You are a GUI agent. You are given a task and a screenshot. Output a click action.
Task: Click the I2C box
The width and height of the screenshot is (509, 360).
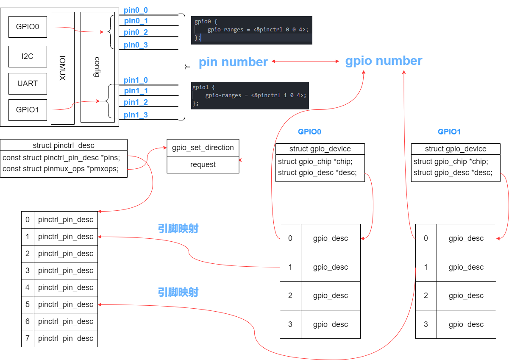click(x=28, y=56)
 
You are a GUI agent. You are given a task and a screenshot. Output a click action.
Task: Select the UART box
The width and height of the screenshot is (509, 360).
click(x=28, y=84)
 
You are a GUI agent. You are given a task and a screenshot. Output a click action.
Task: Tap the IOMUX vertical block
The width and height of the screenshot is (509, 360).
click(x=62, y=68)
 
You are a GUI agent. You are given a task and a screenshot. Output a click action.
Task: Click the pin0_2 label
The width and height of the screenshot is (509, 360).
click(x=136, y=32)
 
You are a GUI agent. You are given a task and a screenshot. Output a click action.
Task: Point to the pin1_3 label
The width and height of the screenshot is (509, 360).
click(x=136, y=115)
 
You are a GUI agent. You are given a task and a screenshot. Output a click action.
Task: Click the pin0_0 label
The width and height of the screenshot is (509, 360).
click(x=136, y=10)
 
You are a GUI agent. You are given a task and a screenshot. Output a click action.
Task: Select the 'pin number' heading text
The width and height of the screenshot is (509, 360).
click(x=233, y=62)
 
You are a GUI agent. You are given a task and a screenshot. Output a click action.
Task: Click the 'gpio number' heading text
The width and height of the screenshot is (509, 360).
click(x=384, y=61)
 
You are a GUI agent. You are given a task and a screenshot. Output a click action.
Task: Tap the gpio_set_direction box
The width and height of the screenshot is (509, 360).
click(x=203, y=148)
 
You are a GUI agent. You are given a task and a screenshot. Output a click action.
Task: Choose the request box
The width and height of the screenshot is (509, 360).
click(x=203, y=165)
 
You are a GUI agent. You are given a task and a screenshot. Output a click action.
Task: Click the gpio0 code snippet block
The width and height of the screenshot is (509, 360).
click(x=252, y=30)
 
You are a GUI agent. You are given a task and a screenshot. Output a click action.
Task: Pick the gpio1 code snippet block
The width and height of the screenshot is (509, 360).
click(x=250, y=95)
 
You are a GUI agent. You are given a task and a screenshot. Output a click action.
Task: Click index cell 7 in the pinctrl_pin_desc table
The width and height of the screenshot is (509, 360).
click(x=28, y=338)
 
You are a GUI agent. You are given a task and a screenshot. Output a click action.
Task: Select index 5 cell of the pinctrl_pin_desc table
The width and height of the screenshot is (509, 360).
click(x=28, y=304)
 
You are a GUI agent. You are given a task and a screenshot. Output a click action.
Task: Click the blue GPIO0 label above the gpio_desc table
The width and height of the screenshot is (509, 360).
click(x=309, y=132)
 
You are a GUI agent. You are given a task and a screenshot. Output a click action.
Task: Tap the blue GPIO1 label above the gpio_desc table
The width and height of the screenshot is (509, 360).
click(x=449, y=132)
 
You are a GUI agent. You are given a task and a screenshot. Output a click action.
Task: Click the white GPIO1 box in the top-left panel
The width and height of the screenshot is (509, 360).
click(x=28, y=110)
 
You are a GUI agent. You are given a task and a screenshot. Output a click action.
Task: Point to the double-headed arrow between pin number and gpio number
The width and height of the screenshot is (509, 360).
click(x=306, y=61)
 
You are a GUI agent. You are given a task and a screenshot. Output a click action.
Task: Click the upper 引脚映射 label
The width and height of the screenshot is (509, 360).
click(x=178, y=229)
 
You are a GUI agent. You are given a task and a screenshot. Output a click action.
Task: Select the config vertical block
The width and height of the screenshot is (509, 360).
click(x=97, y=67)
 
